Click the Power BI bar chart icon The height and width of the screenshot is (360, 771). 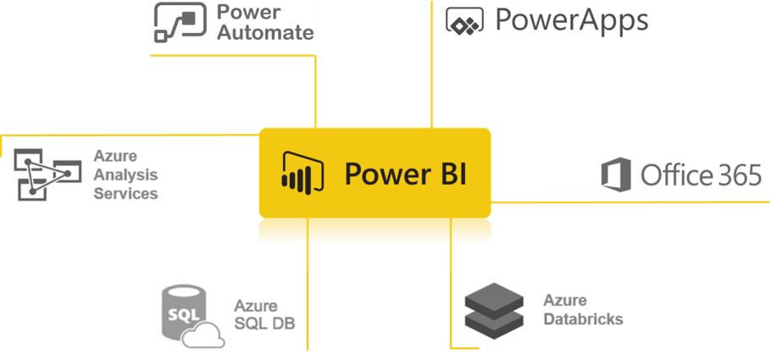tap(302, 174)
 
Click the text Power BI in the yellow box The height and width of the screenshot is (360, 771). tap(405, 174)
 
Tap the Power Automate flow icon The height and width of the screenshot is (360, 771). tap(181, 22)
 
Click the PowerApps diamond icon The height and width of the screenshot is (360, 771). tap(464, 23)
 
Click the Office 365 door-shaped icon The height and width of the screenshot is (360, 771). tap(616, 174)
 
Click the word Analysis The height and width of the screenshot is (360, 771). tap(125, 175)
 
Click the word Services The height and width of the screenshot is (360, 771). tap(125, 194)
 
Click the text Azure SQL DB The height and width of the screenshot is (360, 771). tap(263, 313)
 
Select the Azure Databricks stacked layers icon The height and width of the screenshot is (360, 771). tap(495, 310)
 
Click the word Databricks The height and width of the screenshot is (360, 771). tap(583, 319)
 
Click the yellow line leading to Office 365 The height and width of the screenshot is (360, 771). tap(627, 202)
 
